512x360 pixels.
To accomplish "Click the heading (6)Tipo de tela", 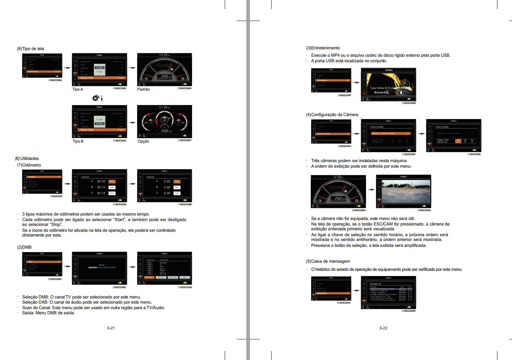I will click(x=31, y=49).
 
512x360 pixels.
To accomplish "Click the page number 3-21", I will click(x=111, y=328).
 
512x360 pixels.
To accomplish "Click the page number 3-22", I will click(x=383, y=328).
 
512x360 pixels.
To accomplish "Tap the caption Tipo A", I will click(x=77, y=90).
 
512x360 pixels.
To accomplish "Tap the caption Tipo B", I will click(x=78, y=141).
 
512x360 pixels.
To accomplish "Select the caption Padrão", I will click(x=143, y=90).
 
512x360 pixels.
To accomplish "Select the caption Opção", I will click(x=143, y=141).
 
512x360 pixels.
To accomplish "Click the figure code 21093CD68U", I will click(x=55, y=80).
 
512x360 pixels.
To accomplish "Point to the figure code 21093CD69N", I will click(x=424, y=210).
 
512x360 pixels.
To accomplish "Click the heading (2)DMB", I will click(x=24, y=247).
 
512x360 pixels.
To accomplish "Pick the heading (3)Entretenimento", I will click(x=323, y=48).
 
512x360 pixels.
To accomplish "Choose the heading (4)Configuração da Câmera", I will click(x=332, y=115).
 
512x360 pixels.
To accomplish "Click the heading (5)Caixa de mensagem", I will click(x=328, y=261).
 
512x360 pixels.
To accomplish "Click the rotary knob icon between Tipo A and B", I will click(x=95, y=98).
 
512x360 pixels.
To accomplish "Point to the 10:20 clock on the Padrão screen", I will click(x=164, y=55).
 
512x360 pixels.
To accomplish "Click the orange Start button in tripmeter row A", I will click(x=112, y=181).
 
